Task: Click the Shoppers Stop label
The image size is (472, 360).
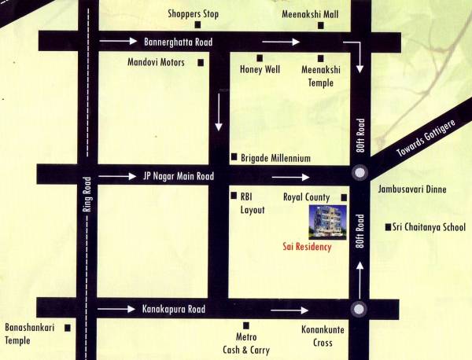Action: [x=194, y=14]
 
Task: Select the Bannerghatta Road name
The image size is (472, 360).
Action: [x=180, y=40]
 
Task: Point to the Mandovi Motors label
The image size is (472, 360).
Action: [x=160, y=62]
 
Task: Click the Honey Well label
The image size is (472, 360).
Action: [x=260, y=70]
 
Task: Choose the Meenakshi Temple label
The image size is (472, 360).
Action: [x=321, y=75]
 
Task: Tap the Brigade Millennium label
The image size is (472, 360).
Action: [x=276, y=158]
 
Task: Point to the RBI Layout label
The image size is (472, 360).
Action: [x=253, y=204]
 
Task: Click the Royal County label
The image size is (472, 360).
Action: [x=309, y=197]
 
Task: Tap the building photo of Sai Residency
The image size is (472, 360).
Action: [x=331, y=222]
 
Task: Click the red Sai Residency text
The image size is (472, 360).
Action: [x=307, y=247]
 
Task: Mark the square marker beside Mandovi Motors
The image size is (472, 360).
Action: [x=201, y=62]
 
